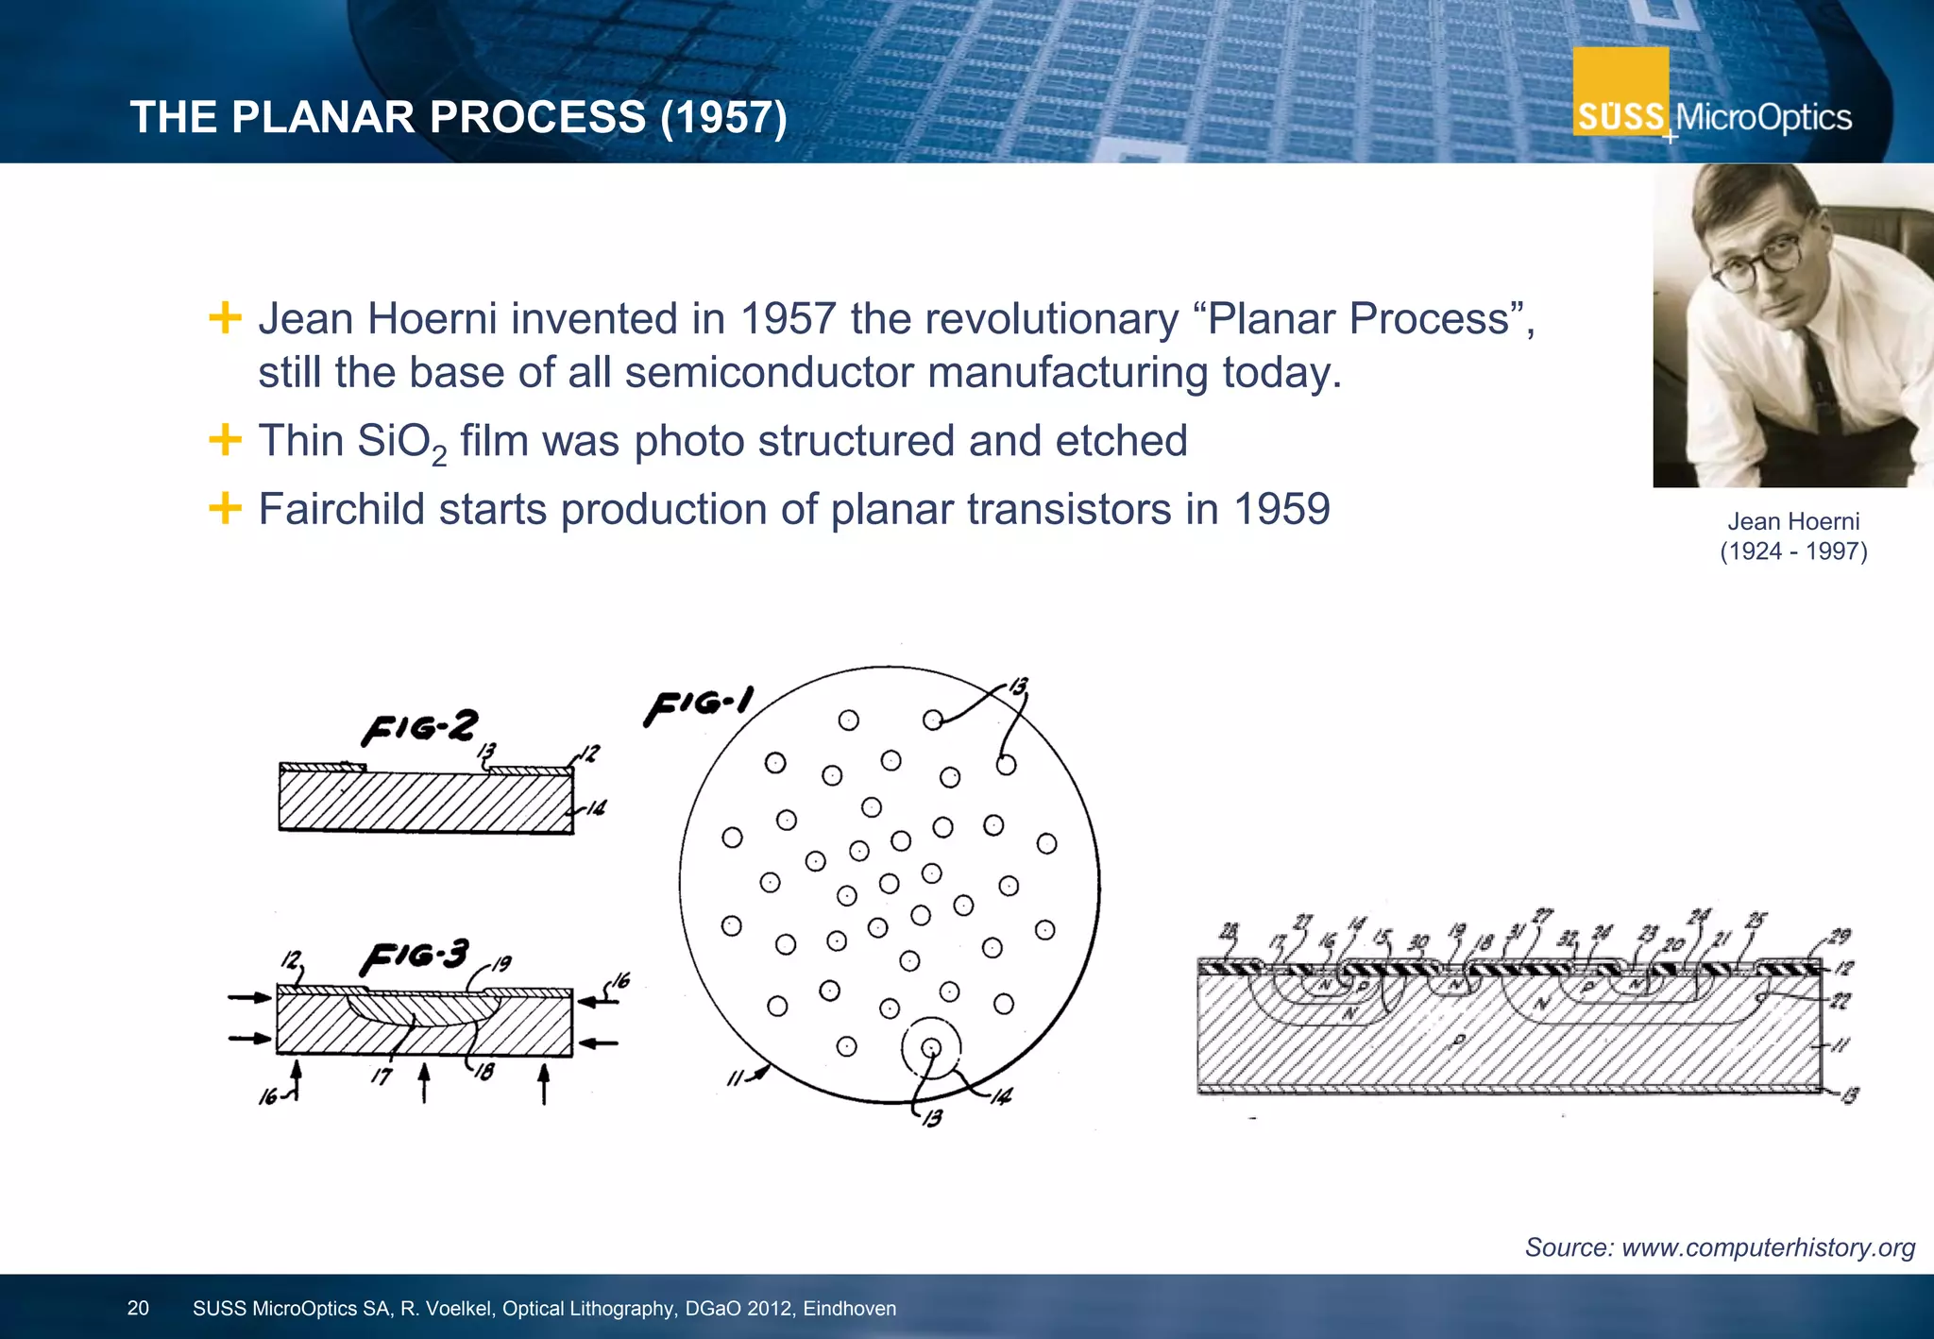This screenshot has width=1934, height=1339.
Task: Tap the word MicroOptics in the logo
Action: coord(1763,118)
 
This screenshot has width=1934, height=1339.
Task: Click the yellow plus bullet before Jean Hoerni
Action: coord(225,317)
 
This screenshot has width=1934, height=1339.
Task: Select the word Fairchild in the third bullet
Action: coord(341,510)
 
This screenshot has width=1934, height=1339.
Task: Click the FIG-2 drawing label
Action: coord(420,727)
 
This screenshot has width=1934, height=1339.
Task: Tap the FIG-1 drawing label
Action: coord(698,705)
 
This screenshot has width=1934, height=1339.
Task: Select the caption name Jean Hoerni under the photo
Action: coord(1792,521)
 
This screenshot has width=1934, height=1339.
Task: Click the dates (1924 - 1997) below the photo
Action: coord(1792,551)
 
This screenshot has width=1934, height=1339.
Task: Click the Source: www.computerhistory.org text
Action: coord(1720,1247)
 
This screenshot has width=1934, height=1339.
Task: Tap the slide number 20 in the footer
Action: coord(138,1308)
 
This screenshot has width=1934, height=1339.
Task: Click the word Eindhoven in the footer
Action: coord(849,1309)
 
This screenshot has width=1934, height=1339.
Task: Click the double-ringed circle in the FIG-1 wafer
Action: coord(931,1047)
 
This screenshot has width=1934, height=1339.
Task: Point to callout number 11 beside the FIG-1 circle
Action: coord(735,1079)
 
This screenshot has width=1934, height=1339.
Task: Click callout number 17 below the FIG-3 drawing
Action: coord(381,1076)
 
